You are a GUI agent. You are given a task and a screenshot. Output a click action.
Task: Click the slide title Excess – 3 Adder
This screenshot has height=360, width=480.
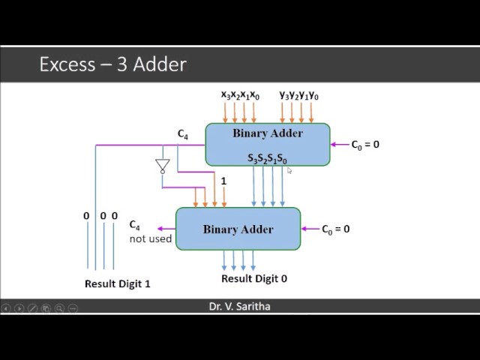pyautogui.click(x=112, y=64)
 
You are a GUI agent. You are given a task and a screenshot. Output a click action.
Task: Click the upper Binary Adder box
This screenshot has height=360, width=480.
pyautogui.click(x=268, y=142)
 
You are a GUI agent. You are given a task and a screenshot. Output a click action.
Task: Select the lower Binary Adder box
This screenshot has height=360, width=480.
pyautogui.click(x=238, y=229)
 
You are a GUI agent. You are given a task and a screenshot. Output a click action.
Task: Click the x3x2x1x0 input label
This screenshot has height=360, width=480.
pyautogui.click(x=240, y=95)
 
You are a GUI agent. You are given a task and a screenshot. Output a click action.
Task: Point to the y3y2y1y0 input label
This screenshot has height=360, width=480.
pyautogui.click(x=298, y=95)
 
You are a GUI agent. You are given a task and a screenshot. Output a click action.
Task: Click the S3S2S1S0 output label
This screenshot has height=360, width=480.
pyautogui.click(x=267, y=159)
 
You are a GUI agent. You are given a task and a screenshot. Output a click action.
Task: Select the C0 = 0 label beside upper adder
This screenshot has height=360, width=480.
pyautogui.click(x=365, y=144)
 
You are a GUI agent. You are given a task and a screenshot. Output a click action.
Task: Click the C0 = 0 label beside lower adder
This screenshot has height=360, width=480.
pyautogui.click(x=335, y=229)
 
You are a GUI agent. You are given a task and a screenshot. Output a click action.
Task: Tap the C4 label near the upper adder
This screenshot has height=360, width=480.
pyautogui.click(x=183, y=134)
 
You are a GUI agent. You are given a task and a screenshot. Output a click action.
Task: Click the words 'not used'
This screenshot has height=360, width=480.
pyautogui.click(x=150, y=239)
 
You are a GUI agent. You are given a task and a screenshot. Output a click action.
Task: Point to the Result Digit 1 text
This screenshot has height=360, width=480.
pyautogui.click(x=117, y=284)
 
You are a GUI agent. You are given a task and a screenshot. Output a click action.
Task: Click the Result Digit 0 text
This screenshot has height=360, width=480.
pyautogui.click(x=253, y=278)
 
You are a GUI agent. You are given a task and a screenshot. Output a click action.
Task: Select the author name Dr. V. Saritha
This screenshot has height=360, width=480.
pyautogui.click(x=240, y=307)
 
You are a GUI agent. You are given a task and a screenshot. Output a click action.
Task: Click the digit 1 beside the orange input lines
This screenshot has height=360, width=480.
pyautogui.click(x=223, y=181)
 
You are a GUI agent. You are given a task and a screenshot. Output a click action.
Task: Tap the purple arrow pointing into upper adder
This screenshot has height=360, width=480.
pyautogui.click(x=340, y=144)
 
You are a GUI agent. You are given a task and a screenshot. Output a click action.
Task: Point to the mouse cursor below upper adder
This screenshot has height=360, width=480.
pyautogui.click(x=289, y=171)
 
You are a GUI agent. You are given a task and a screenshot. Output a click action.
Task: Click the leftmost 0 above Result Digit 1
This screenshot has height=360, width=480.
pyautogui.click(x=86, y=216)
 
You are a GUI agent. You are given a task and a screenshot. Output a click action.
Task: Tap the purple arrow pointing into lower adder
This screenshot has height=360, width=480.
pyautogui.click(x=310, y=229)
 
